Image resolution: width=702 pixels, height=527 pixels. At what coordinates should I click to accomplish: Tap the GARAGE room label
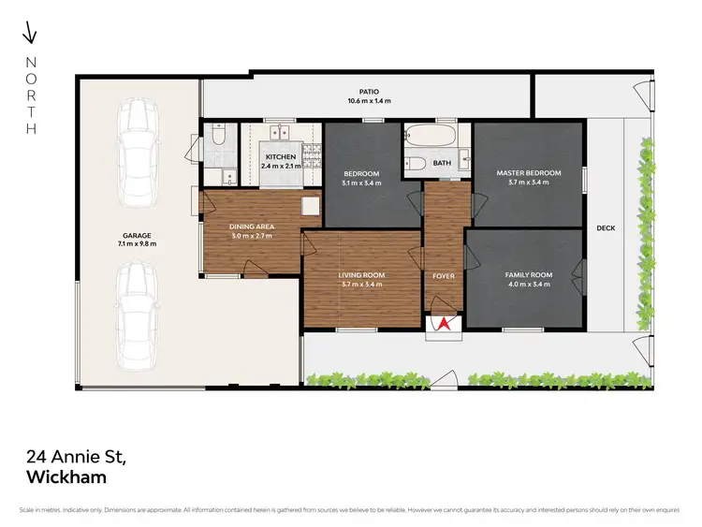[136, 236]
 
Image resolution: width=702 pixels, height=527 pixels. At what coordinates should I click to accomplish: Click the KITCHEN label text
[281, 157]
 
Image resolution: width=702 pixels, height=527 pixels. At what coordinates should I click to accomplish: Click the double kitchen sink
[280, 133]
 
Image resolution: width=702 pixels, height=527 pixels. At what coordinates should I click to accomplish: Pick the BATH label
[443, 163]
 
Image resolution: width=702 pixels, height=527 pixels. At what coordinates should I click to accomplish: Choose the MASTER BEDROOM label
[528, 173]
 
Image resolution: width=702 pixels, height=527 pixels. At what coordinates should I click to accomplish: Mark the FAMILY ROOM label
[528, 275]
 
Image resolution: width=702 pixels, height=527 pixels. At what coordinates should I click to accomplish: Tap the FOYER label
[443, 276]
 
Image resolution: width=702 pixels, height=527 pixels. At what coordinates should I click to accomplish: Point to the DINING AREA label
[251, 226]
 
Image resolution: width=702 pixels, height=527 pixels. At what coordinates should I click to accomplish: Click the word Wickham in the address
[66, 476]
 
